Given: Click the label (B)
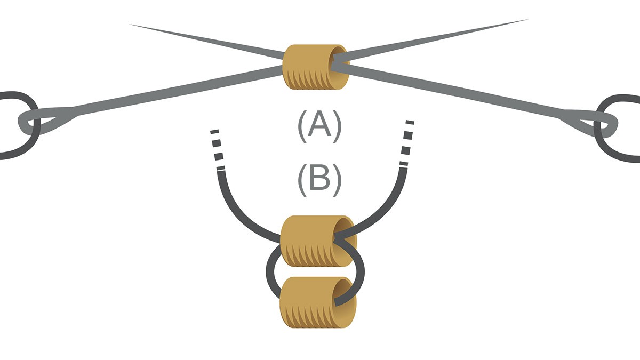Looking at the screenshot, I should coord(319,179).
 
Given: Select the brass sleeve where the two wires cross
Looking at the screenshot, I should coord(315,67).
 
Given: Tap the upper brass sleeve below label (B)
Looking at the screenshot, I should coord(315,241).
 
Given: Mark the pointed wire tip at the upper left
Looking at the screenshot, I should coord(133,25).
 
